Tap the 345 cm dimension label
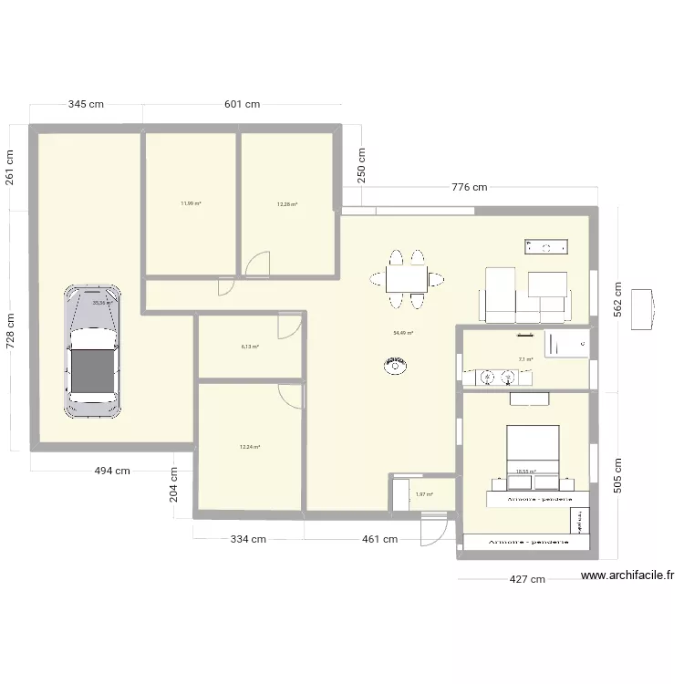pos(86,105)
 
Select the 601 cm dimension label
pos(243,105)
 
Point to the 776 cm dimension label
pos(470,188)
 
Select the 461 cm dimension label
pos(379,539)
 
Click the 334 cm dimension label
pos(247,539)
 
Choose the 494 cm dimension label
pos(112,471)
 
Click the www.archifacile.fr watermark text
pos(627,575)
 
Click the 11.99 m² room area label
pos(192,203)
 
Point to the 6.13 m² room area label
pos(250,347)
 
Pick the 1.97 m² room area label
pos(424,495)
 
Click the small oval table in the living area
pos(395,367)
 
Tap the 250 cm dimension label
pos(361,166)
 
